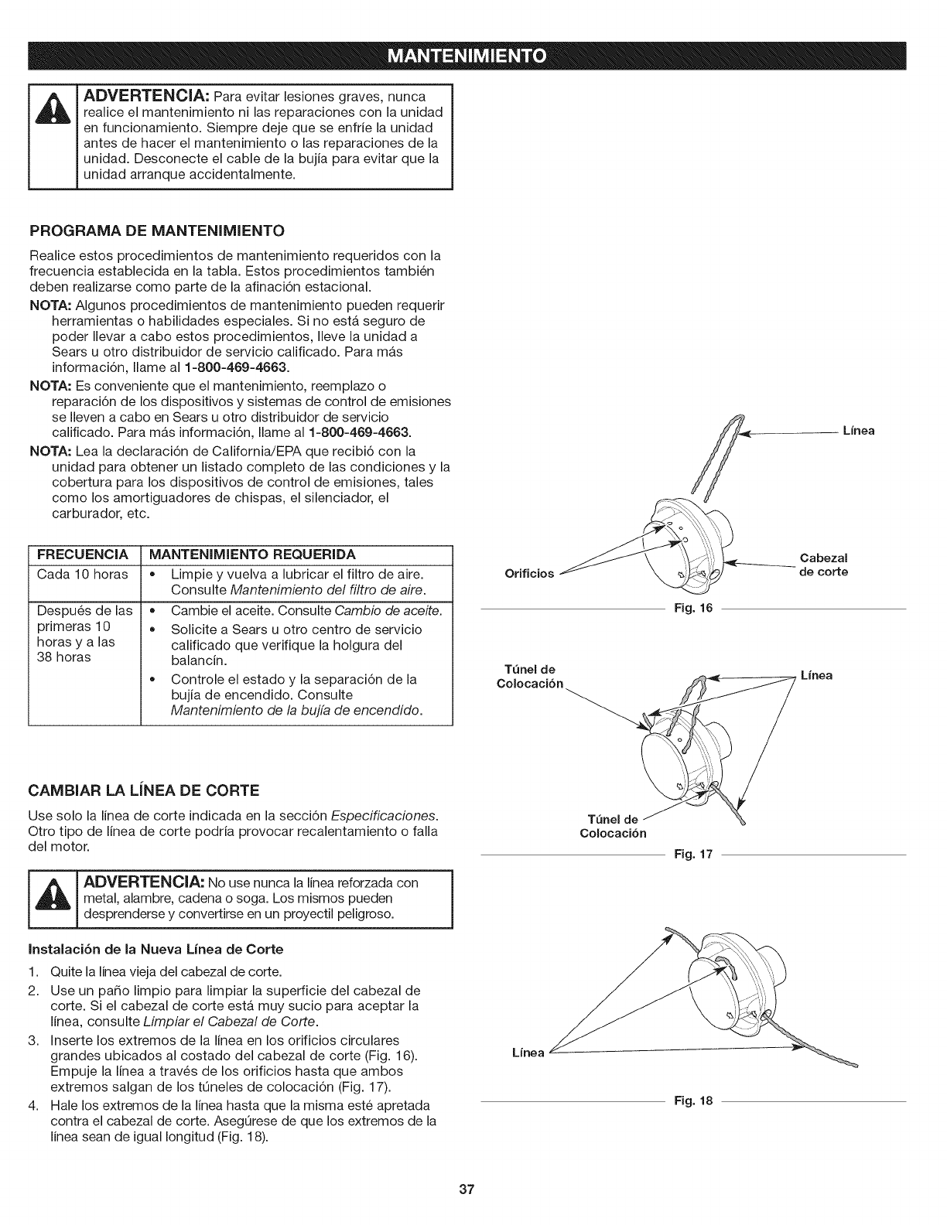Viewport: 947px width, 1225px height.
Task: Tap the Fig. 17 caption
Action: pyautogui.click(x=693, y=855)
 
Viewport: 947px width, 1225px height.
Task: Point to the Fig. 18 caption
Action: pyautogui.click(x=693, y=1100)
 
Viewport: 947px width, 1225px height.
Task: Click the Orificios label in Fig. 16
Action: pyautogui.click(x=529, y=573)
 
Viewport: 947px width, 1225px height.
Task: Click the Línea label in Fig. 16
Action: pyautogui.click(x=858, y=431)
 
